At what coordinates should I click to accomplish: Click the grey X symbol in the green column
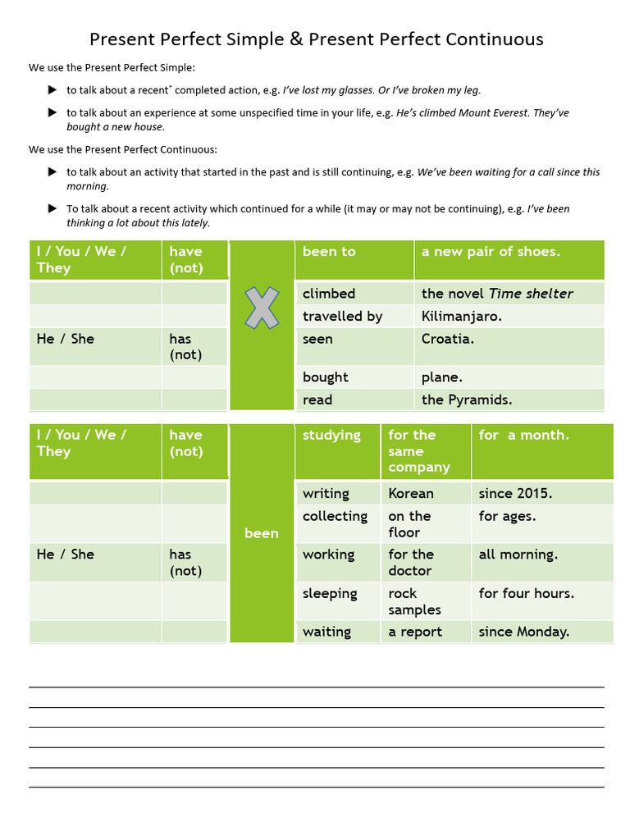pos(262,308)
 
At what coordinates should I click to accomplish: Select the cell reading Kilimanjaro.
pos(461,316)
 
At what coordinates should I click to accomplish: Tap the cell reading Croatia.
pos(447,339)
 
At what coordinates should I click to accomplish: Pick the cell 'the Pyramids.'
pos(466,399)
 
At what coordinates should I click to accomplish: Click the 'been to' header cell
pos(329,252)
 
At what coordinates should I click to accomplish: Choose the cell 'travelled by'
pos(342,316)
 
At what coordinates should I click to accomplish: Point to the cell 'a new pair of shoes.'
pos(491,252)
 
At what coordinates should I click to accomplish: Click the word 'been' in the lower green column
pos(262,533)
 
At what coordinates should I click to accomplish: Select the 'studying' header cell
pos(331,436)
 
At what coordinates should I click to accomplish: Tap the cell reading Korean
pos(411,493)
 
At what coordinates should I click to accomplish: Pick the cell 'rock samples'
pos(414,601)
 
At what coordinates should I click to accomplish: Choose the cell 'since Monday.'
pos(523,632)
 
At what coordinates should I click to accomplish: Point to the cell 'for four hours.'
pos(526,593)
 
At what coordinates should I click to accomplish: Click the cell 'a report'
pos(415,632)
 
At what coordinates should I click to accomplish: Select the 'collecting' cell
pos(335,516)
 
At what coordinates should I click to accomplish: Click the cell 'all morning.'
pos(518,555)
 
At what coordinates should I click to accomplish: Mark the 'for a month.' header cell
pos(523,436)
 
